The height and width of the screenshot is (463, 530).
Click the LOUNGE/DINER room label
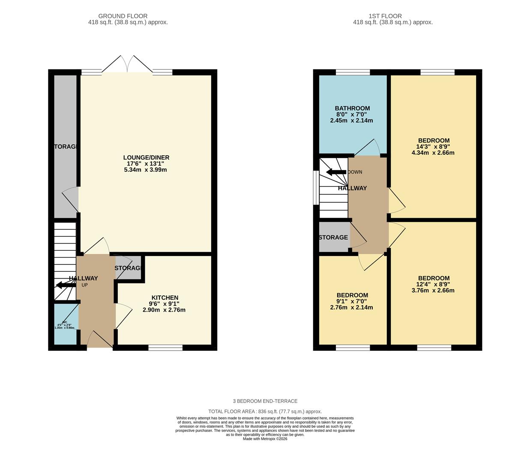coord(146,157)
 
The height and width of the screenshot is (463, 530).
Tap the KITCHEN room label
coord(165,298)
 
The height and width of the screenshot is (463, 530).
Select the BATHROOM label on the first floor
coord(352,108)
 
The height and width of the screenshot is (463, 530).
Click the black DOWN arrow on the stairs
coord(335,172)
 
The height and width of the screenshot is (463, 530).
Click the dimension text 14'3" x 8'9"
coord(433,147)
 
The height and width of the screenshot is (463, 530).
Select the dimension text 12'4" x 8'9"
coord(433,284)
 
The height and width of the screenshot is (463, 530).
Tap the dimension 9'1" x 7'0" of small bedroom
coord(352,301)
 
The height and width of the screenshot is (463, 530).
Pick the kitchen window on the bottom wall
coord(165,347)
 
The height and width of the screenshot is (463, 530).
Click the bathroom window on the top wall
coord(353,72)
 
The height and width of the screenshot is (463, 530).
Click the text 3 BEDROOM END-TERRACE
coord(265,401)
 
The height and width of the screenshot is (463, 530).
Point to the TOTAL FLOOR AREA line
coord(265,411)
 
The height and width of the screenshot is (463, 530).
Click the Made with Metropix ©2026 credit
coord(265,439)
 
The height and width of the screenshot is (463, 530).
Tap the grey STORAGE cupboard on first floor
coord(334,237)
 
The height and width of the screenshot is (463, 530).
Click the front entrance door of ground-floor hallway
coord(100,341)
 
